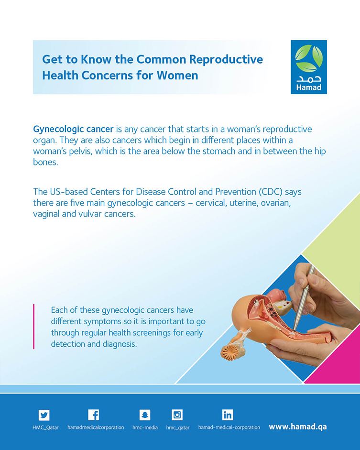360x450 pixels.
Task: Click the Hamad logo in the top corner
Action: pyautogui.click(x=309, y=67)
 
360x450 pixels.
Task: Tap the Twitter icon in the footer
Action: pyautogui.click(x=44, y=415)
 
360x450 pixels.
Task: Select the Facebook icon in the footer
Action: pyautogui.click(x=94, y=415)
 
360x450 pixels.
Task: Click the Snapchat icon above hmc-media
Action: pyautogui.click(x=145, y=415)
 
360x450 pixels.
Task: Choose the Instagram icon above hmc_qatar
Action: pyautogui.click(x=177, y=415)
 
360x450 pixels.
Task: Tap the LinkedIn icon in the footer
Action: pyautogui.click(x=228, y=415)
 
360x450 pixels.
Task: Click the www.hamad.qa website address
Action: pyautogui.click(x=298, y=427)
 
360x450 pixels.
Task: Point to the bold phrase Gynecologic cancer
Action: pyautogui.click(x=74, y=129)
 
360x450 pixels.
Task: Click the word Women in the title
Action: pyautogui.click(x=177, y=75)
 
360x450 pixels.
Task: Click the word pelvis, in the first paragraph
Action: pyautogui.click(x=81, y=151)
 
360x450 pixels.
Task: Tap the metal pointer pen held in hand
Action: pyautogui.click(x=304, y=298)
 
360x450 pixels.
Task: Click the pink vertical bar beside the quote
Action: pyautogui.click(x=34, y=327)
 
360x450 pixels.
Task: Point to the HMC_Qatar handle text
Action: pyautogui.click(x=45, y=428)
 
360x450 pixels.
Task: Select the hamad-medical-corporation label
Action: pyautogui.click(x=229, y=428)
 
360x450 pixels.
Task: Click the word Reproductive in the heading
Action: pyautogui.click(x=226, y=59)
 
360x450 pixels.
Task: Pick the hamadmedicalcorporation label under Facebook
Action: pyautogui.click(x=96, y=428)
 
